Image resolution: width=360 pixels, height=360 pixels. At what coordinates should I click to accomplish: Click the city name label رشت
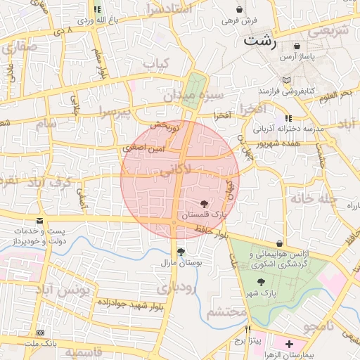(x=259, y=41)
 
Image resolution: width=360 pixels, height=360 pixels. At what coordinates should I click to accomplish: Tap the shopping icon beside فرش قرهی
(x=241, y=10)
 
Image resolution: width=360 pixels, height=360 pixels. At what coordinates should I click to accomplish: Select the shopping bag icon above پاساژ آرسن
(x=304, y=44)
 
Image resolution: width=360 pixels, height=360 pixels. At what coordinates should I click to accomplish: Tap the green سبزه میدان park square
(x=189, y=91)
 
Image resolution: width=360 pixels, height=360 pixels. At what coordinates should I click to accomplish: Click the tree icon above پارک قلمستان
(x=204, y=203)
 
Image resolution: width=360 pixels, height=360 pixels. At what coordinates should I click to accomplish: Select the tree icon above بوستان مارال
(x=181, y=252)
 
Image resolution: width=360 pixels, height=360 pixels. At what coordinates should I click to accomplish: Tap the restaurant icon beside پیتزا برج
(x=247, y=330)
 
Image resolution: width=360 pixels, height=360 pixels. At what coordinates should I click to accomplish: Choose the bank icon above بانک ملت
(x=39, y=333)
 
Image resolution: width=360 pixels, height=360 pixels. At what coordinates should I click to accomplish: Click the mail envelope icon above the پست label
(x=39, y=221)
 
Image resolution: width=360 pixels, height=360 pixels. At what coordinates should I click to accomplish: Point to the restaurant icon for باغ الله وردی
(x=97, y=10)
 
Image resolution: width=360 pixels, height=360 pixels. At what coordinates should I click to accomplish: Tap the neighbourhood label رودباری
(x=176, y=288)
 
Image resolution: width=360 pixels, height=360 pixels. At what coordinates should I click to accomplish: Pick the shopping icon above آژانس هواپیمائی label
(x=281, y=243)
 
